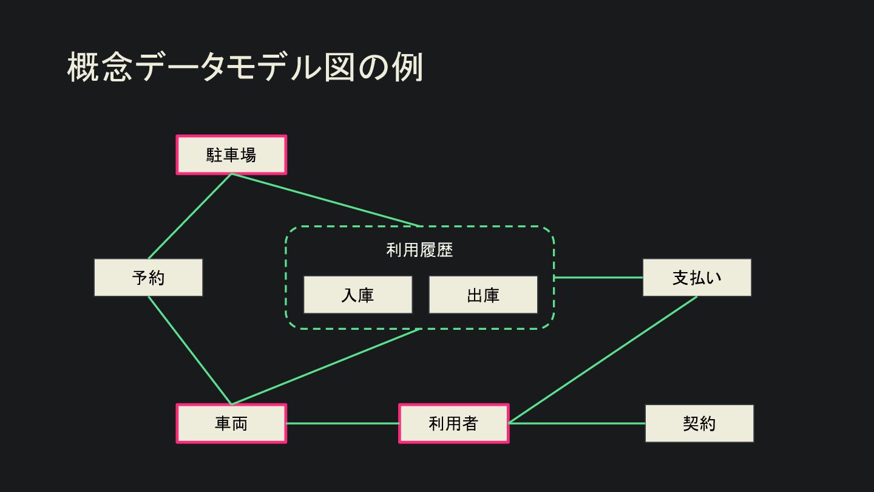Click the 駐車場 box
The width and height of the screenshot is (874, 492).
231,155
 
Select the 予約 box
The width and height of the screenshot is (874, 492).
148,278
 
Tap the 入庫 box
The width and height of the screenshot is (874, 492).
357,295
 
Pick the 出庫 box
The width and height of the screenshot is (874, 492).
483,295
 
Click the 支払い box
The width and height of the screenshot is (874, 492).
697,278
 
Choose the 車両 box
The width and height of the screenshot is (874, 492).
231,423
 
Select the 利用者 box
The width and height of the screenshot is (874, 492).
453,423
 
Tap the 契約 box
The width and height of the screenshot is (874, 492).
699,423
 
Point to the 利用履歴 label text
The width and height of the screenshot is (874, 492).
419,250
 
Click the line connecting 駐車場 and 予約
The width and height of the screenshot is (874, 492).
190,216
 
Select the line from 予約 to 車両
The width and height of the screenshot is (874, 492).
189,350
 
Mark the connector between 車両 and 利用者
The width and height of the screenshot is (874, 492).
342,423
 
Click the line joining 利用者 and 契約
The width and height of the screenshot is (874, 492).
577,423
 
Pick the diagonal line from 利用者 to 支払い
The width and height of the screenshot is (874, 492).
603,360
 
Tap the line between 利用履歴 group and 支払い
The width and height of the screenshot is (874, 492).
598,278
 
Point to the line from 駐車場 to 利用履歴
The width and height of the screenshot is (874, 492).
325,200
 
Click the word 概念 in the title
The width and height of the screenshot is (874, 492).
100,67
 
